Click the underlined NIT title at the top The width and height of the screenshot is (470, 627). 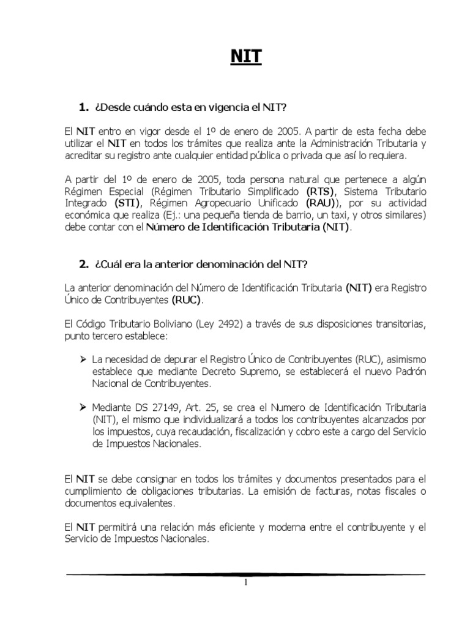(x=245, y=57)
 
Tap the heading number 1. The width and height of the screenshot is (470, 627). (x=84, y=108)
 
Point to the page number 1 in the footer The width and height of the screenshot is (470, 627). (x=245, y=582)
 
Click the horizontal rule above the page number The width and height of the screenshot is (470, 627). (x=245, y=574)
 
